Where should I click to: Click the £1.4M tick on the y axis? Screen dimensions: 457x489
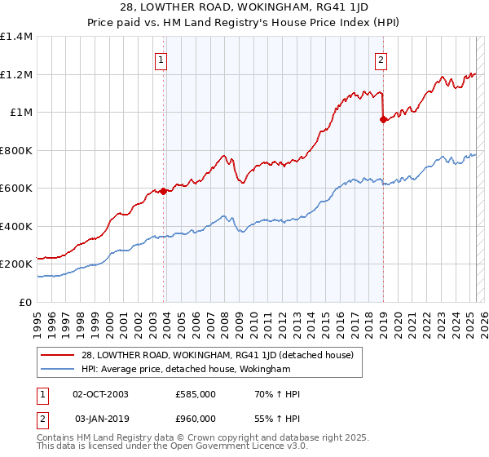click(16, 37)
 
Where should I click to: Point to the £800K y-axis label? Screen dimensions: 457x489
click(16, 150)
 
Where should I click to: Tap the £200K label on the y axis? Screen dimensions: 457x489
click(16, 264)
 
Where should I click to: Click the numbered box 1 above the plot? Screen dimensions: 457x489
click(161, 60)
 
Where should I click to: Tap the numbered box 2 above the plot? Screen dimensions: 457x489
click(381, 60)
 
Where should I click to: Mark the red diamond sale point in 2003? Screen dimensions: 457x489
click(163, 191)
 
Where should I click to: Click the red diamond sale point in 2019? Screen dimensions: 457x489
click(383, 120)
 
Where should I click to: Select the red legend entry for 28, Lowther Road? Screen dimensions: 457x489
click(217, 355)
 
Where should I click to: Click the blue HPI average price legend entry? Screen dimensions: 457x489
click(186, 370)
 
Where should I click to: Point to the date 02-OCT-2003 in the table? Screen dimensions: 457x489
click(100, 394)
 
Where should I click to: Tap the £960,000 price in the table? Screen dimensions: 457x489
click(196, 418)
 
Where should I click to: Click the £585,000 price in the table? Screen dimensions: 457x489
click(196, 394)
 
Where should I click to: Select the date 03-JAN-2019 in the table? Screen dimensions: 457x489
click(100, 418)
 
